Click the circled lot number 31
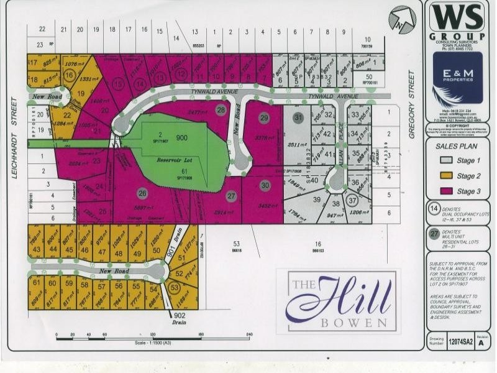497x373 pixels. tap(298, 118)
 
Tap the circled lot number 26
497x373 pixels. tap(142, 192)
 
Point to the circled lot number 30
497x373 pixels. tap(265, 185)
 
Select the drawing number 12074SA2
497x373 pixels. tap(461, 341)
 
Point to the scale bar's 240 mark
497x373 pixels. tap(248, 335)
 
